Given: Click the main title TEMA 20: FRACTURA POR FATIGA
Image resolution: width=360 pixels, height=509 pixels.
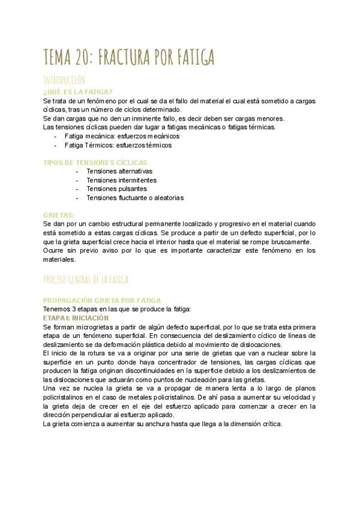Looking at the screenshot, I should [129, 58].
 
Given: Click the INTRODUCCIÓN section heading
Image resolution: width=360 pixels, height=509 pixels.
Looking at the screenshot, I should [64, 80].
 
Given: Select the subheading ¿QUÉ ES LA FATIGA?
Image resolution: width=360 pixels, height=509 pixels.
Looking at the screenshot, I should [77, 92].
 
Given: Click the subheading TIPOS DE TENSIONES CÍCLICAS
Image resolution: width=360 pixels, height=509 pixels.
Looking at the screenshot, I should [95, 163].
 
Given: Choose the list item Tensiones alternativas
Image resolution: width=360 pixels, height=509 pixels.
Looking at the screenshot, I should [119, 172].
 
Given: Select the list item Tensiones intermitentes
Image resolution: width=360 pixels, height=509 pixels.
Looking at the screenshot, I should [121, 180].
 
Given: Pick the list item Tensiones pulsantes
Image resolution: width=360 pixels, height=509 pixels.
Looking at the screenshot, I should [116, 189].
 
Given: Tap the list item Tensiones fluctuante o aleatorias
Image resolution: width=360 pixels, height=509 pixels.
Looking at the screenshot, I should [134, 197].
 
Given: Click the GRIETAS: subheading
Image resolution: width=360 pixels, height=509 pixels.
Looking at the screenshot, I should [59, 215].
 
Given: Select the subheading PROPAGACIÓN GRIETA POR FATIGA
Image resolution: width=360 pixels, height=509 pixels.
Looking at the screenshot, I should [102, 300].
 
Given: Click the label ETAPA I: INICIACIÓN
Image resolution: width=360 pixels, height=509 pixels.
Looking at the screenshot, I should [76, 318].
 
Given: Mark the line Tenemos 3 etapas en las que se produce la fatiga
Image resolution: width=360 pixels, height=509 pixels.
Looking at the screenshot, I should [116, 309].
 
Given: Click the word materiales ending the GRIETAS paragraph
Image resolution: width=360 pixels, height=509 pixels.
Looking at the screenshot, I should [60, 259].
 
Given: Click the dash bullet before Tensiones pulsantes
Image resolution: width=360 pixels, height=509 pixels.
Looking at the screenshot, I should [78, 189].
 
